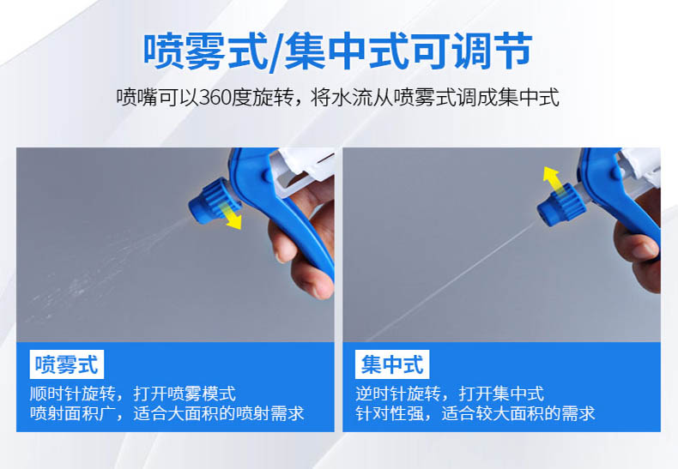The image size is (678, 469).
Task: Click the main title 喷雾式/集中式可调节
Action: coord(337,51)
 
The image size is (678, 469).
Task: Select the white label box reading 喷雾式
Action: coord(67,364)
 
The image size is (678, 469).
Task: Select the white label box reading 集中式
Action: coord(392,364)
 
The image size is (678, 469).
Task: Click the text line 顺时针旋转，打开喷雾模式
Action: coord(133,394)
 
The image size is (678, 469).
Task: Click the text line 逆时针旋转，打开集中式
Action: coord(450,394)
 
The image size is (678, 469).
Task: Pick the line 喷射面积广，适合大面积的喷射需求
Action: coord(166,413)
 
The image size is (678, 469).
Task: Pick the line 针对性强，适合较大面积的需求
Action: coord(475,413)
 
